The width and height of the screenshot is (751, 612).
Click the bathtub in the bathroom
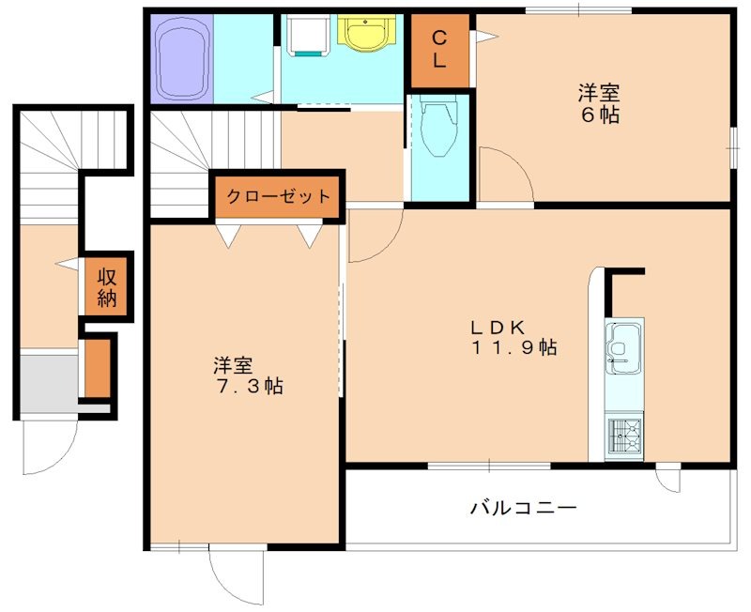pos(182,59)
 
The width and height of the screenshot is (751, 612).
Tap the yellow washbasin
pos(362,35)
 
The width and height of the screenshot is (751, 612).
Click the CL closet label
pos(438,49)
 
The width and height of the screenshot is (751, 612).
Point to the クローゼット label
pos(277,197)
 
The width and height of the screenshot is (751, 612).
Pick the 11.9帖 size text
pos(514,348)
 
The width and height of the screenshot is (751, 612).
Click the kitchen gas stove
pos(623,436)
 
